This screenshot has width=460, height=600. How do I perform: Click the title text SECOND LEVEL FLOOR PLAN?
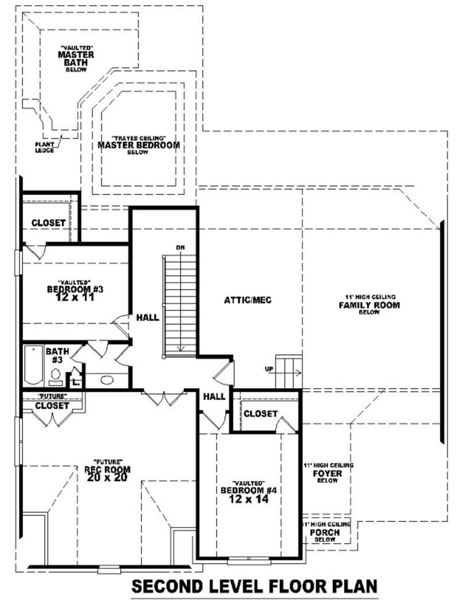pyautogui.click(x=255, y=586)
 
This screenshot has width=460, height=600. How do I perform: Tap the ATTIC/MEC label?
pyautogui.click(x=248, y=300)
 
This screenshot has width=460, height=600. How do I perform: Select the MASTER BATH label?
pyautogui.click(x=76, y=55)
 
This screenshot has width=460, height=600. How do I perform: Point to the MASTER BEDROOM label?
pyautogui.click(x=138, y=146)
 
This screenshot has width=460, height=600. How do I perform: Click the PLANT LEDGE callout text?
pyautogui.click(x=44, y=147)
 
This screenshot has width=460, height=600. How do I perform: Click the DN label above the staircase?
pyautogui.click(x=181, y=247)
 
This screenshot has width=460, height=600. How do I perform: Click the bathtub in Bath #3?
pyautogui.click(x=33, y=366)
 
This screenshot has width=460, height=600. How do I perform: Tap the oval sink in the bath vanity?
pyautogui.click(x=106, y=380)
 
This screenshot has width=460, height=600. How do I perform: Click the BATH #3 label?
pyautogui.click(x=57, y=355)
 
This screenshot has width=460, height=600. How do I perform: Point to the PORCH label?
pyautogui.click(x=324, y=533)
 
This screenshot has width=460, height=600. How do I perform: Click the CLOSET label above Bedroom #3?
pyautogui.click(x=48, y=223)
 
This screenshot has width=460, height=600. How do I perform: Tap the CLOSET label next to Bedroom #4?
pyautogui.click(x=260, y=414)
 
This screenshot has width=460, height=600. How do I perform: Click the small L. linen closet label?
pyautogui.click(x=76, y=381)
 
